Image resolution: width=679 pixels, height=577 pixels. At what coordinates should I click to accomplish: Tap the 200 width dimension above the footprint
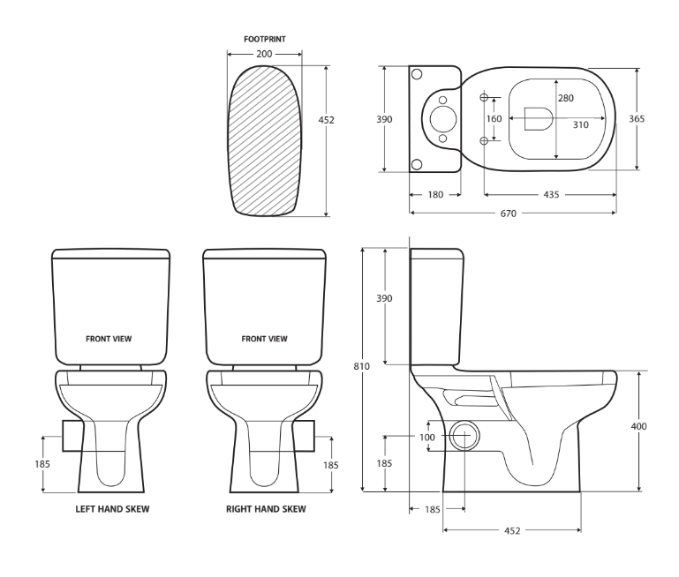point(264,55)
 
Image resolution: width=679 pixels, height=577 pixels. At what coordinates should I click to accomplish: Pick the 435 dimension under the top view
point(551,194)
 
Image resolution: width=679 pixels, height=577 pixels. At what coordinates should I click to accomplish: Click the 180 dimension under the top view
point(435,194)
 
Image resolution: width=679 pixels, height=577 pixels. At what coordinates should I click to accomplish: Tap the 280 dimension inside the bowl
point(565,98)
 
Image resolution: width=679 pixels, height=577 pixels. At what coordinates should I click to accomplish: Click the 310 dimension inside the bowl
point(580,124)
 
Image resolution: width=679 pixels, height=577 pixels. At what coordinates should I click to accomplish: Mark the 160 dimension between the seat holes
point(494,118)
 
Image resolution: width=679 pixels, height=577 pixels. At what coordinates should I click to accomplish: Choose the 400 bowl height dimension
point(638,426)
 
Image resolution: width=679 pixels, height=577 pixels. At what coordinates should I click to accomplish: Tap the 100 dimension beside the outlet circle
point(427,437)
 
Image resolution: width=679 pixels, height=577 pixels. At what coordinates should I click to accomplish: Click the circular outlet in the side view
point(464,437)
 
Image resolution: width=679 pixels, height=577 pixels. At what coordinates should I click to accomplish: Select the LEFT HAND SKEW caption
point(110,509)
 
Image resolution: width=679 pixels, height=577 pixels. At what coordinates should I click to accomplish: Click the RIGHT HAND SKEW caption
point(266,509)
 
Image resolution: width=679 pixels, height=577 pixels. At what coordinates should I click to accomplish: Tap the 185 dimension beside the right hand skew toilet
point(330,465)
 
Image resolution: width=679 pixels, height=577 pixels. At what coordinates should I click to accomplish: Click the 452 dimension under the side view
point(512,530)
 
